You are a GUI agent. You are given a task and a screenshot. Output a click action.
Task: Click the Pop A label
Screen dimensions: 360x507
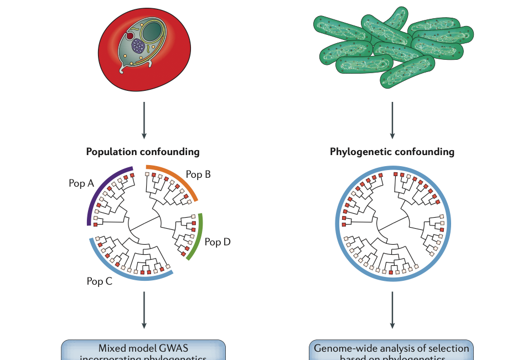80,183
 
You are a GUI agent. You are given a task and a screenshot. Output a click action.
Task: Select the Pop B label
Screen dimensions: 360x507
198,174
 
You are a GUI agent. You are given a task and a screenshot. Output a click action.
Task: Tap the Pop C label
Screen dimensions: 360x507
100,281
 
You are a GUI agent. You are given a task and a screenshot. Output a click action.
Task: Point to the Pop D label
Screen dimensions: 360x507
218,241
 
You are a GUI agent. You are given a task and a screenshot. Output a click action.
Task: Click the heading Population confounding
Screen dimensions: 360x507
143,151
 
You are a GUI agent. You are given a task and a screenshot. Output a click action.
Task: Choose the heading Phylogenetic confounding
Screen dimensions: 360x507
392,151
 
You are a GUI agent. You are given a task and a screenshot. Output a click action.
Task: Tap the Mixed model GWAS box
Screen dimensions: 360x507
143,351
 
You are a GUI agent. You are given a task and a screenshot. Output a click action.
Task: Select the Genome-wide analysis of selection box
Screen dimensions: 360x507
391,351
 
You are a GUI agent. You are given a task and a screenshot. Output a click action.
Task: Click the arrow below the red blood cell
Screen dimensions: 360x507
144,119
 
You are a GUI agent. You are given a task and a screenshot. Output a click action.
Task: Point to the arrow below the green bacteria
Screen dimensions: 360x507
392,119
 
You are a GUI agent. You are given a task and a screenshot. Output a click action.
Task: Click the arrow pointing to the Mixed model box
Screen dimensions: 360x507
144,310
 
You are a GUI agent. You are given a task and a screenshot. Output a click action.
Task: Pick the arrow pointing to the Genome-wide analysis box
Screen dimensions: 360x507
392,310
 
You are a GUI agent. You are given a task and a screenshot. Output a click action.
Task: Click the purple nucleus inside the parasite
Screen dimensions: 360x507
138,45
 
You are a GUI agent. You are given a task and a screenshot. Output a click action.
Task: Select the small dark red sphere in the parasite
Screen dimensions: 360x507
130,35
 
